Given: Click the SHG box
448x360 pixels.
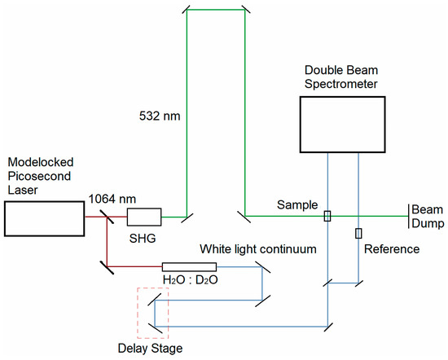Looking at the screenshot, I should pyautogui.click(x=143, y=217).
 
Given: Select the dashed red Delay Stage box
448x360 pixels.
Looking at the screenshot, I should pyautogui.click(x=153, y=314).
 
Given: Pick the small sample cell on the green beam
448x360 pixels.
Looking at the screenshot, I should pyautogui.click(x=327, y=217).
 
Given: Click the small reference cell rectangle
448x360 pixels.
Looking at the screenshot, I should pyautogui.click(x=358, y=235).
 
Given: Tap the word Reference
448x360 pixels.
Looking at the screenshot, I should pyautogui.click(x=391, y=248).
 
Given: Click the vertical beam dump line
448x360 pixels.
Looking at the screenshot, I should pyautogui.click(x=407, y=217).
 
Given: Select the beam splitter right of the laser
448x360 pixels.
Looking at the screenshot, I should pyautogui.click(x=107, y=217).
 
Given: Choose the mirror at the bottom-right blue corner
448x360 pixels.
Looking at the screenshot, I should pyautogui.click(x=327, y=323).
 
